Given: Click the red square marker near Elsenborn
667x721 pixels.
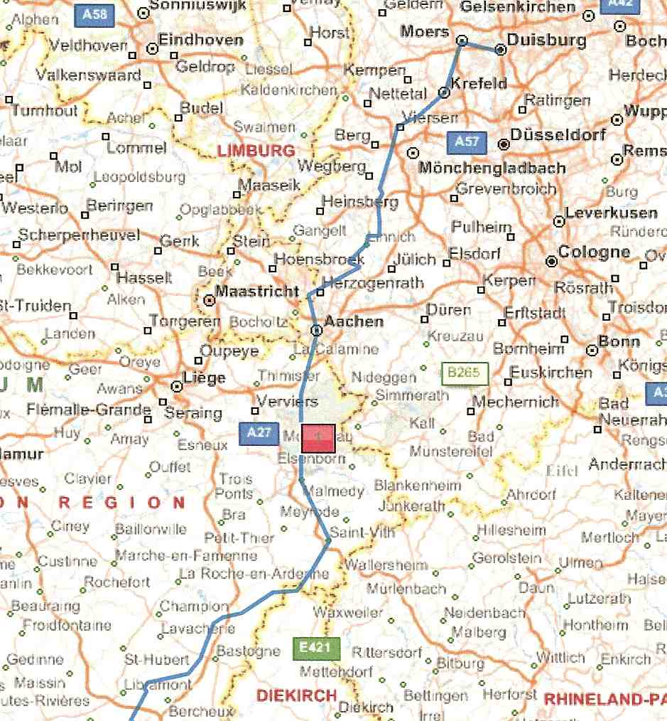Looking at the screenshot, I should (318, 438).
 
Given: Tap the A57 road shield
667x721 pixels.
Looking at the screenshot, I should (466, 142).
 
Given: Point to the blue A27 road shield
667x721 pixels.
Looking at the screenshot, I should (258, 433).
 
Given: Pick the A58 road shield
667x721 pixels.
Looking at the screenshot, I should (94, 14).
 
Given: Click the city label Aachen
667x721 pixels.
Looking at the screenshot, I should (354, 322).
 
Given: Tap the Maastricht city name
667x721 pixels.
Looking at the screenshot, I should (257, 292).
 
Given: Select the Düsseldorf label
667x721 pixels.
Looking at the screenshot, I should (558, 134).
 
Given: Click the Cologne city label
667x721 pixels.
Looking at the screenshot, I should (594, 252).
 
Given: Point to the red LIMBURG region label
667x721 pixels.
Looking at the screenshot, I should (256, 151).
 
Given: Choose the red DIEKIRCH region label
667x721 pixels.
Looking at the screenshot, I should (297, 695).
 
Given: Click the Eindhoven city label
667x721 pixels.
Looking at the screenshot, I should (200, 41).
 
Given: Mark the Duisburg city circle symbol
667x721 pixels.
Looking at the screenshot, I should (500, 50).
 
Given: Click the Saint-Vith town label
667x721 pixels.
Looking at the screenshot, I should (363, 532).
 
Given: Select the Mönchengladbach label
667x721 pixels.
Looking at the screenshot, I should (492, 169).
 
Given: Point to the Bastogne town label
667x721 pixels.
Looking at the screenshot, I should (248, 651).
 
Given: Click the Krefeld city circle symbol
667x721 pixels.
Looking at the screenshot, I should (444, 92).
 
